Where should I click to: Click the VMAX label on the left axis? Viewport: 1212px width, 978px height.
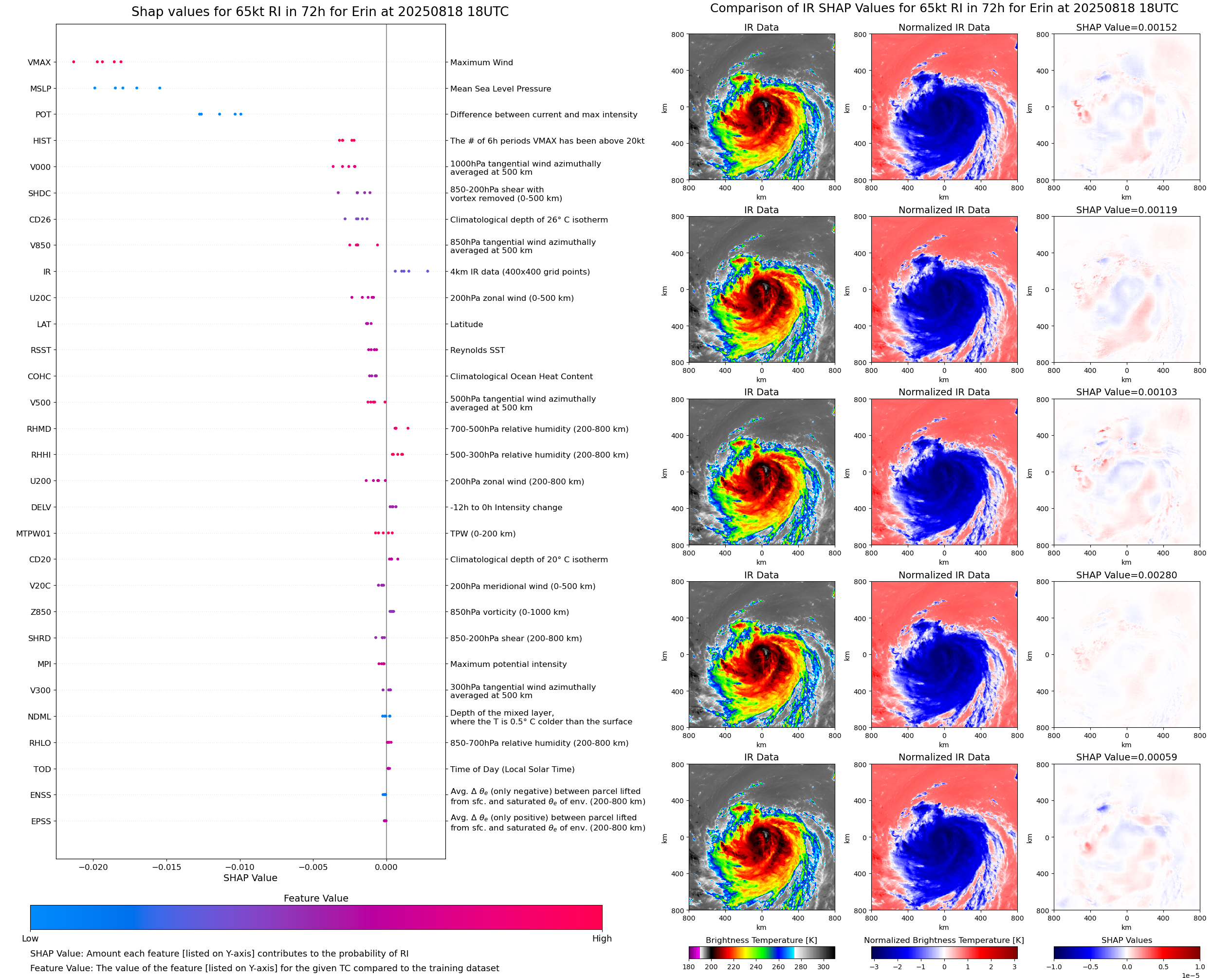39,62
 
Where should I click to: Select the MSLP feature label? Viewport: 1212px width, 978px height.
40,89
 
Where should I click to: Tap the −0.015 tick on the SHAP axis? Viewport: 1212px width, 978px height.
166,867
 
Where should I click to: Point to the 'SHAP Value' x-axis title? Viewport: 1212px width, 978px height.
250,878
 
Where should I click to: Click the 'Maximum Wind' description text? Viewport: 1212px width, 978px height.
481,62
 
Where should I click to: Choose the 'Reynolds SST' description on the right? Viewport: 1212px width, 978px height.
477,351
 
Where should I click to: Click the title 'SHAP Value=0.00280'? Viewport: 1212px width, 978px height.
1126,575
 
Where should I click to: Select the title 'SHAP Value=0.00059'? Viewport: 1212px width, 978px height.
1126,757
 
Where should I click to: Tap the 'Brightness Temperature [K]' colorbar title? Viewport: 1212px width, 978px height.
761,940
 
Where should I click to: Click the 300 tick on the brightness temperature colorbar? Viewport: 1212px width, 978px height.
824,967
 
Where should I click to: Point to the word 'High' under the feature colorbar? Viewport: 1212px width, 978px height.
602,939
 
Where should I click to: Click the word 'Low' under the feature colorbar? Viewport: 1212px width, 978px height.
30,939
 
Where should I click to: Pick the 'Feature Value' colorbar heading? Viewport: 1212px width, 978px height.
315,898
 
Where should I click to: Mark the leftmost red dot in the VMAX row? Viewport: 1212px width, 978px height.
74,62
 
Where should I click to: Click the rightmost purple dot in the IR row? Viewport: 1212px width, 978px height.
427,272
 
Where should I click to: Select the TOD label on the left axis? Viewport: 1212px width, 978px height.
42,770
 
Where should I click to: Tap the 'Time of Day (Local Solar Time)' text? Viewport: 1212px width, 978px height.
512,770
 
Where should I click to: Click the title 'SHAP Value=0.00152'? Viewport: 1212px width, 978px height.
1126,28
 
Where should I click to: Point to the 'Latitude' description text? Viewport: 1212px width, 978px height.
466,325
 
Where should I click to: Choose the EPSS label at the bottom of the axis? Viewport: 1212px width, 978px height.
40,821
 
